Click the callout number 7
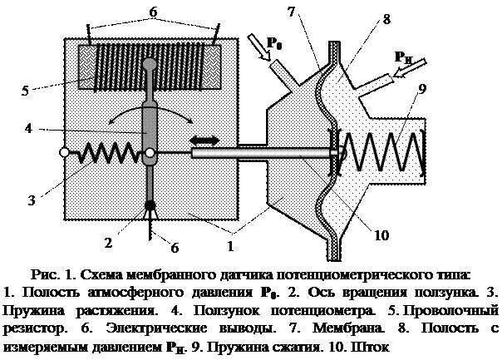pos(291,12)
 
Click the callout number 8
pos(386,19)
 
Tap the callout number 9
pos(422,89)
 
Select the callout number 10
pos(381,235)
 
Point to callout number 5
pos(25,91)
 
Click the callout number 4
pos(28,128)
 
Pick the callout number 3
pos(32,200)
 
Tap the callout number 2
pos(109,243)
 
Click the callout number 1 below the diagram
pos(230,246)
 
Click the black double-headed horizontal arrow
pos(204,141)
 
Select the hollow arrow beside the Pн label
pos(410,68)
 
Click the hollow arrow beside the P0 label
pos(259,47)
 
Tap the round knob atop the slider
pos(150,64)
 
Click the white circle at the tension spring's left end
pos(64,152)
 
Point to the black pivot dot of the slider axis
pos(150,205)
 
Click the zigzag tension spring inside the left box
pos(108,152)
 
